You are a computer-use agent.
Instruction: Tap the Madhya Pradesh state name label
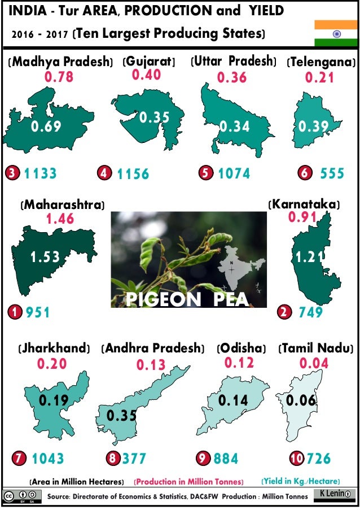(62, 62)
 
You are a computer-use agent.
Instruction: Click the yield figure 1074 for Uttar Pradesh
(234, 173)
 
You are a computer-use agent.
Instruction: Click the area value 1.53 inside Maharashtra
(45, 258)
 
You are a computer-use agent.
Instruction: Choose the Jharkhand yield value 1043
(47, 459)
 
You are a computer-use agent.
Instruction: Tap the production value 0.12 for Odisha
(239, 363)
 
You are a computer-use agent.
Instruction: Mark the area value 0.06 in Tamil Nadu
(300, 400)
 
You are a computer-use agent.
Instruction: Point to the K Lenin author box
(334, 494)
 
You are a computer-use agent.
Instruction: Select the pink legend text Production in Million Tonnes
(188, 482)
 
